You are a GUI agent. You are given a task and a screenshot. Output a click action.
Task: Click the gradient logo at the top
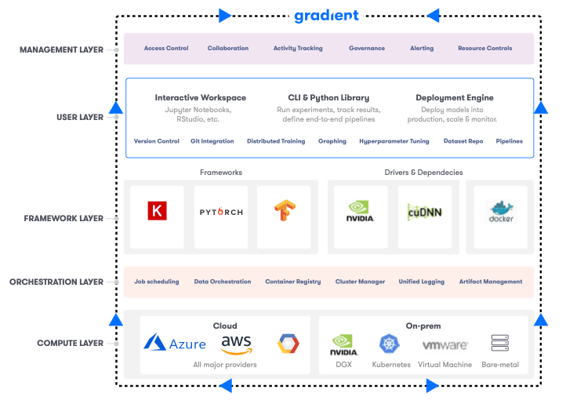coord(326,16)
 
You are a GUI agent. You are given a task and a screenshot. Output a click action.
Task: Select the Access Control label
coord(166,49)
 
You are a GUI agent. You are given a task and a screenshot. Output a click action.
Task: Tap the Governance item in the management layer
coord(367,49)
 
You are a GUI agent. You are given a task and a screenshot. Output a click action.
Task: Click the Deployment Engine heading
coord(455,98)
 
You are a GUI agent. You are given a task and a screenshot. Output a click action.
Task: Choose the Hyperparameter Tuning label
coord(394,141)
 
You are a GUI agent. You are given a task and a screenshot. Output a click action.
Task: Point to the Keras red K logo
coord(157,211)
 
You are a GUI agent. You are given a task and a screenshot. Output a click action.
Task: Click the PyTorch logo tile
coord(221,212)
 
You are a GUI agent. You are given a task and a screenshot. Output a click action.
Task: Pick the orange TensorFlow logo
coord(285,212)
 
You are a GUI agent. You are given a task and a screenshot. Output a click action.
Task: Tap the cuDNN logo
coord(425,212)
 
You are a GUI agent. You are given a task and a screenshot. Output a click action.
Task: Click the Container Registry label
coord(292,282)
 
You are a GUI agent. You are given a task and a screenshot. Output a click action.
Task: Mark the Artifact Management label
coord(491,282)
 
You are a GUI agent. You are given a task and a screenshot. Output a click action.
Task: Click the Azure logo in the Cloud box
coord(175,344)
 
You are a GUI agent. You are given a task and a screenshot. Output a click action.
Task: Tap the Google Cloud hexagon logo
coord(288,344)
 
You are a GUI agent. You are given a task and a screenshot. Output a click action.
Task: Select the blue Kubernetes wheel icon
coord(390,343)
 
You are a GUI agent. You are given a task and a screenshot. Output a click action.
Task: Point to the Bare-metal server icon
coord(500,343)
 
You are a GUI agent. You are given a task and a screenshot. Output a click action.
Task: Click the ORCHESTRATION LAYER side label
coord(56,282)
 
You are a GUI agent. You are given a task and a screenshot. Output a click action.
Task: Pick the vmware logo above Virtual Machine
coord(445,344)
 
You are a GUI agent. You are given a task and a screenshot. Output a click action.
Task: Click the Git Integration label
coord(212,141)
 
